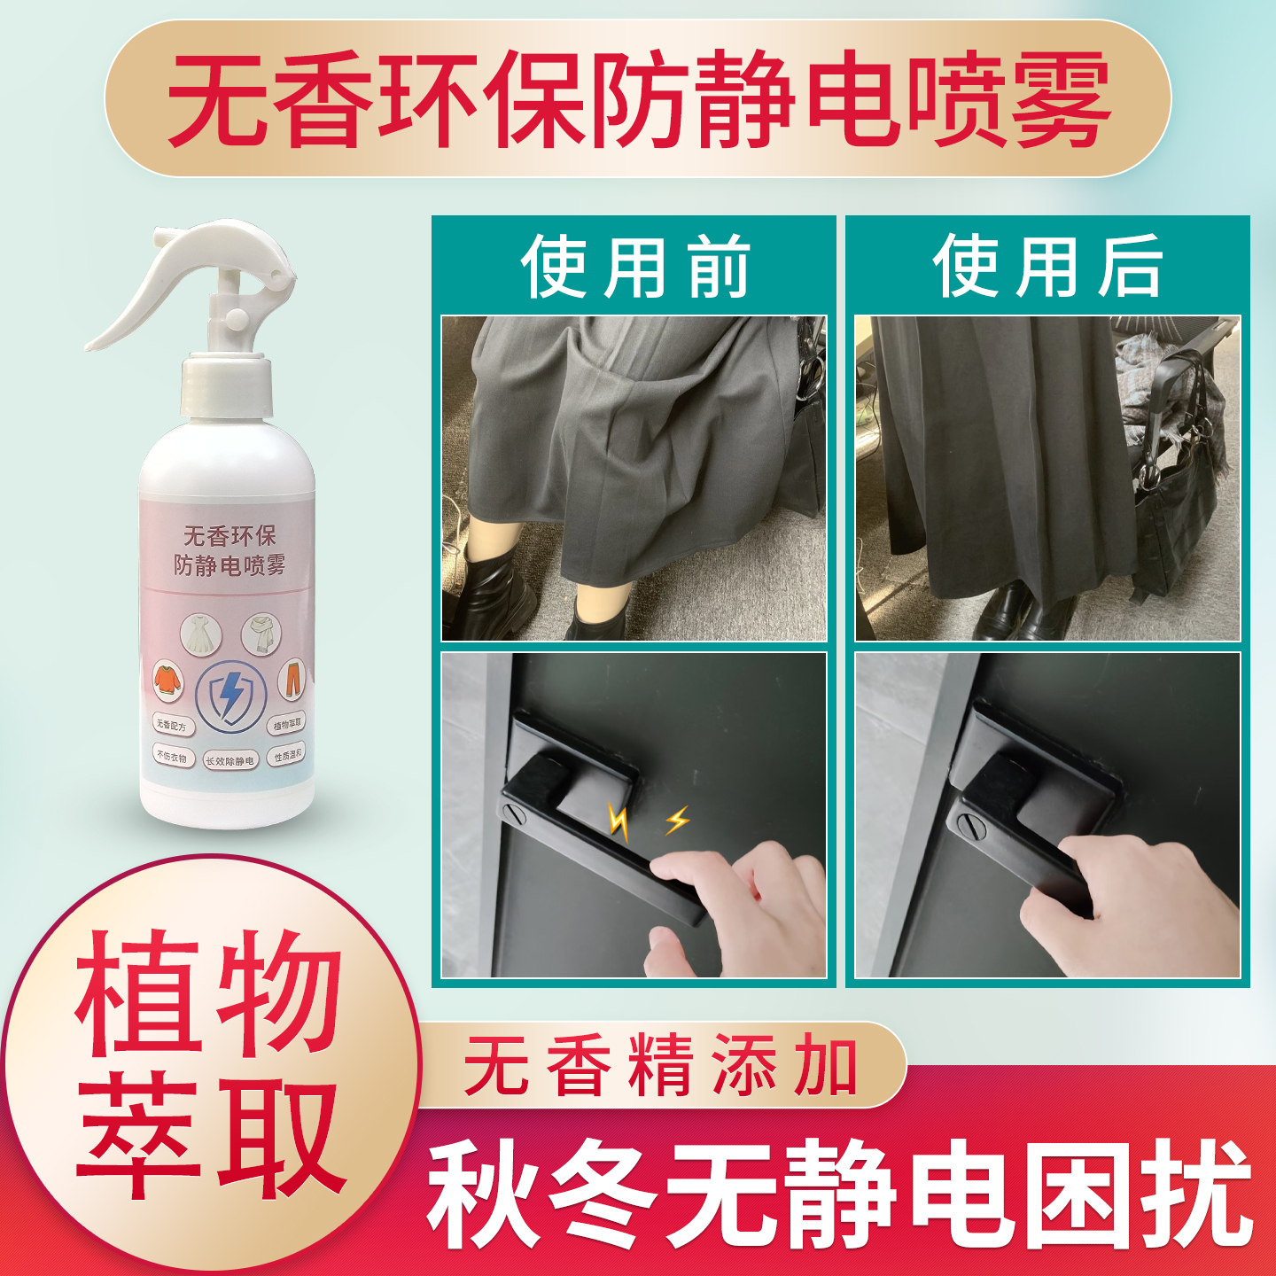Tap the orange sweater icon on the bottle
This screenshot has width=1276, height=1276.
pos(167,680)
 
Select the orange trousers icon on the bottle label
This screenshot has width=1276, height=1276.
pos(291,679)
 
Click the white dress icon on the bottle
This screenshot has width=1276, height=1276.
pos(200,634)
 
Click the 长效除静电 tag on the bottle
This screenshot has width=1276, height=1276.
pos(230,760)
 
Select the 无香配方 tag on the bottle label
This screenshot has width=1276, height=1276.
pos(171,725)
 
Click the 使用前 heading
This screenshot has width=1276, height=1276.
pos(634,267)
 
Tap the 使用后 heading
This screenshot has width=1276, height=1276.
pos(1047,267)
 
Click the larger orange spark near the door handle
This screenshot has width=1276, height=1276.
pos(619,822)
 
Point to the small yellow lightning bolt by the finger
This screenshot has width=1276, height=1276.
pos(678,820)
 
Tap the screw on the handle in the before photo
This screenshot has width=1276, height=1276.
pos(513,811)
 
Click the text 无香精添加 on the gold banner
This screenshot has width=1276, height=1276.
pos(660,1066)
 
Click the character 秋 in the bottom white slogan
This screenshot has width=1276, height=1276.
pos(483,1194)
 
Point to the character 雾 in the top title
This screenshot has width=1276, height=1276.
pos(1061,99)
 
